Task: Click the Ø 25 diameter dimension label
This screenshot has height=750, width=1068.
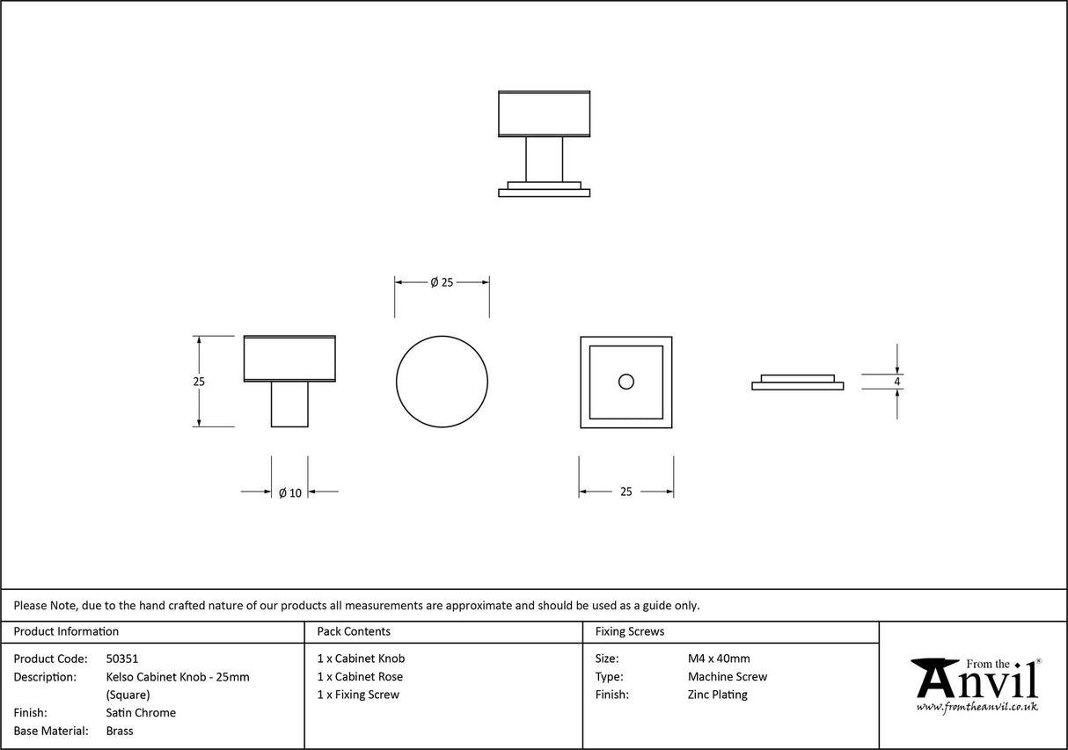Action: (442, 282)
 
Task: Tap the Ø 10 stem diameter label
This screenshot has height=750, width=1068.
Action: (289, 493)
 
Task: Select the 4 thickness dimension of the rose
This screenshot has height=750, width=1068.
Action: (896, 382)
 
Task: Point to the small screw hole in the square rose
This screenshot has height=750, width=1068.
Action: (625, 382)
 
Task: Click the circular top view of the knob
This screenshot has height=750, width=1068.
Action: (442, 382)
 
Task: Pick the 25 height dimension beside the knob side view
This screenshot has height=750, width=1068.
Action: (198, 382)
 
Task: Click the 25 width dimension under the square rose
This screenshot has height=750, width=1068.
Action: (625, 492)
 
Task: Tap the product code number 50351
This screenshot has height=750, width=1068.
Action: (122, 659)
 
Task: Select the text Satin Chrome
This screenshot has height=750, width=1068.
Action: (141, 713)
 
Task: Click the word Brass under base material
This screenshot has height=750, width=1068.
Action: (120, 731)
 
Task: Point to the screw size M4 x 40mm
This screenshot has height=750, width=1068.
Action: (719, 659)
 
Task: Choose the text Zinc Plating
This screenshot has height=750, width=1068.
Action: (717, 695)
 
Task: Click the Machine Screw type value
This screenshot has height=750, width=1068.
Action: (727, 677)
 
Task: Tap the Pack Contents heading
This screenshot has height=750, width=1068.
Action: (354, 631)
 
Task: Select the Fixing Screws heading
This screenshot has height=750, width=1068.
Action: (630, 631)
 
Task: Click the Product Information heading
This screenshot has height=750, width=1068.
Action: (66, 631)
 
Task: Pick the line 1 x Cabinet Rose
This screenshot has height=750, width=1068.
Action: (360, 677)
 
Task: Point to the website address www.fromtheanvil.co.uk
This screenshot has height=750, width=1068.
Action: (977, 707)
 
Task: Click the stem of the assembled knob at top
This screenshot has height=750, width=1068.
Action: (544, 159)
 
